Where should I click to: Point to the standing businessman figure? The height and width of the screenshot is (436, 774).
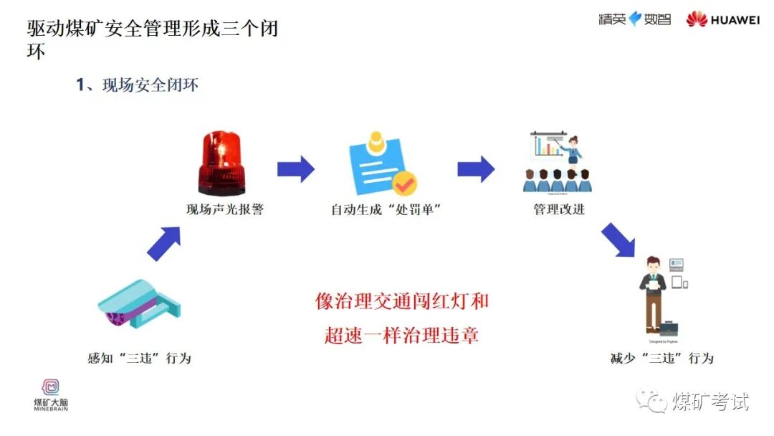653,294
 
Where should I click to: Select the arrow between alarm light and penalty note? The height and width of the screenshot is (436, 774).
296,169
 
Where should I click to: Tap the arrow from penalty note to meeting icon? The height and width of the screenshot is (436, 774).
476,169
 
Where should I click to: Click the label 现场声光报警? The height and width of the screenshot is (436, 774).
225,210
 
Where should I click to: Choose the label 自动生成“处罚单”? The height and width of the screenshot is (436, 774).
385,210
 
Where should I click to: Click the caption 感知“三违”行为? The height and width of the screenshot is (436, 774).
140,358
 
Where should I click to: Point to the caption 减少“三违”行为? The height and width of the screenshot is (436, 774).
661,358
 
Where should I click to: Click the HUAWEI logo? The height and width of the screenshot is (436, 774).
722,20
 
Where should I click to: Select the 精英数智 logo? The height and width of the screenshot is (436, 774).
635,19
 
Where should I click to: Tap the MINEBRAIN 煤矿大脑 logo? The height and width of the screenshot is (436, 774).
51,395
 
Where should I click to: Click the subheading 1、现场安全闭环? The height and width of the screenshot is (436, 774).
137,85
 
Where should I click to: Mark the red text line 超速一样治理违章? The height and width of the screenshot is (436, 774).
401,334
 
